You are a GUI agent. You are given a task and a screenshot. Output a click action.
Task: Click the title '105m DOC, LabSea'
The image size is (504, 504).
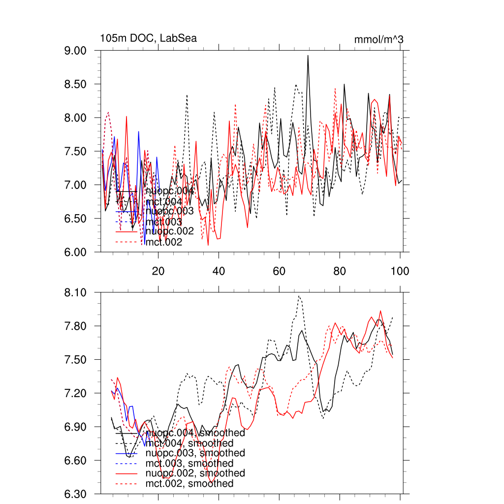point(149,38)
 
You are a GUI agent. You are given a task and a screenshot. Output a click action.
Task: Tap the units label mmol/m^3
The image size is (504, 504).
point(378,39)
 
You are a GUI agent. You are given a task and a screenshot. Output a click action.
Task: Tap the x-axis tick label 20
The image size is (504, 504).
point(158,270)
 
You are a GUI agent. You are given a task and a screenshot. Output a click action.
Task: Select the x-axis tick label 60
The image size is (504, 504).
point(279,270)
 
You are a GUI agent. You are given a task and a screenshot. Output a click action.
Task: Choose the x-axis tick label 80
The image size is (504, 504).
point(340,270)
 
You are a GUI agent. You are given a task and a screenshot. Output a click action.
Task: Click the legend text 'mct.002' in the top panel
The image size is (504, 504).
point(164,242)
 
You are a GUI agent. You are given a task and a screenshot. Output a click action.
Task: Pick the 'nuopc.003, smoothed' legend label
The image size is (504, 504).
point(195,453)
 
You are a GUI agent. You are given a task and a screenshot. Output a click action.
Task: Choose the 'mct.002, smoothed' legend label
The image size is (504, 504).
point(189,484)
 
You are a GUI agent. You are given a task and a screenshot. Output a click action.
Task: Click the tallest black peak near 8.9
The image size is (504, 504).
point(308,56)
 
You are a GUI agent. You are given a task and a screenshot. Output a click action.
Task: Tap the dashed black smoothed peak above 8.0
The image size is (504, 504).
point(299,296)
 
